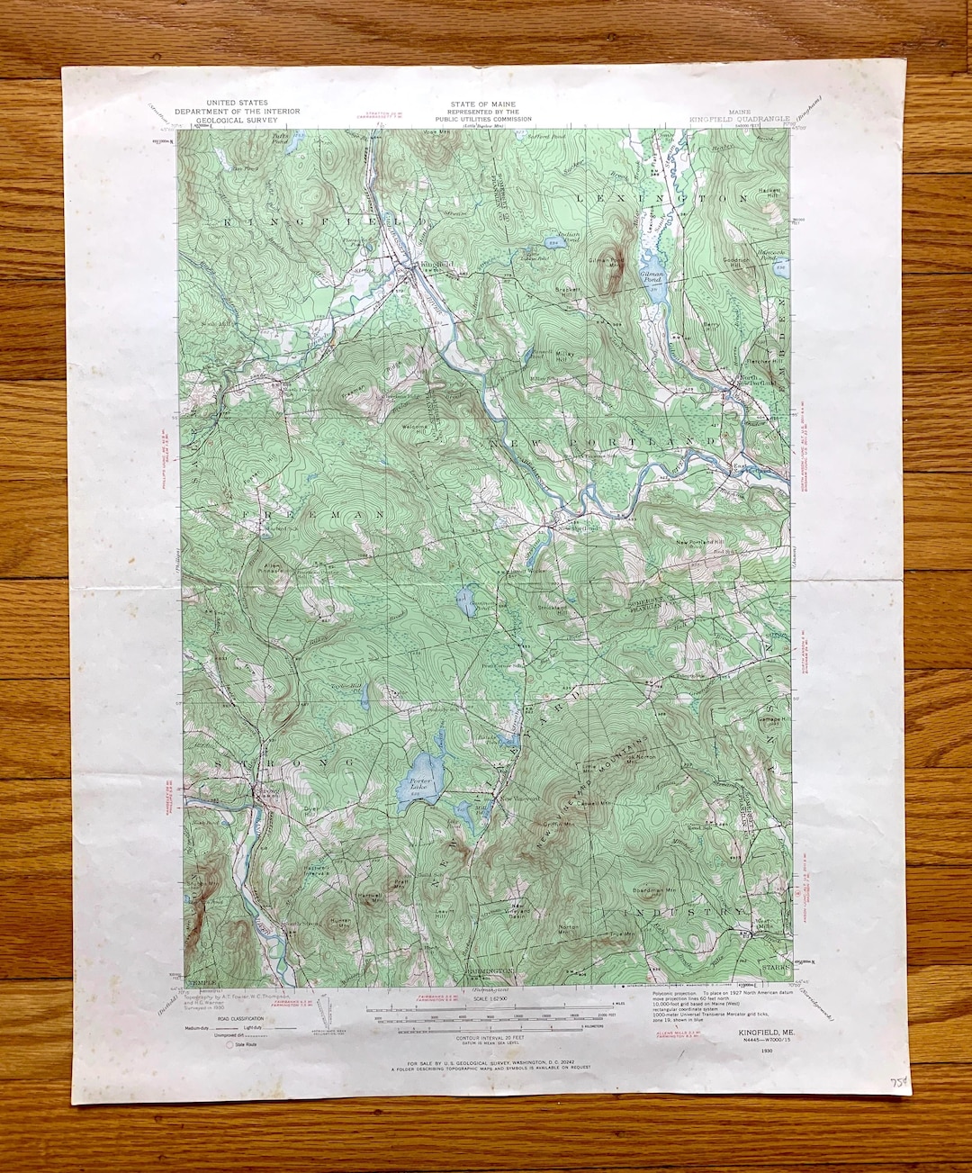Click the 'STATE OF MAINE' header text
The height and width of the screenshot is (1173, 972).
pos(483,105)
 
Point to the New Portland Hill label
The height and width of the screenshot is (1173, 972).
pos(700,541)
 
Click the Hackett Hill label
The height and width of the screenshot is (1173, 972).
pos(770,194)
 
